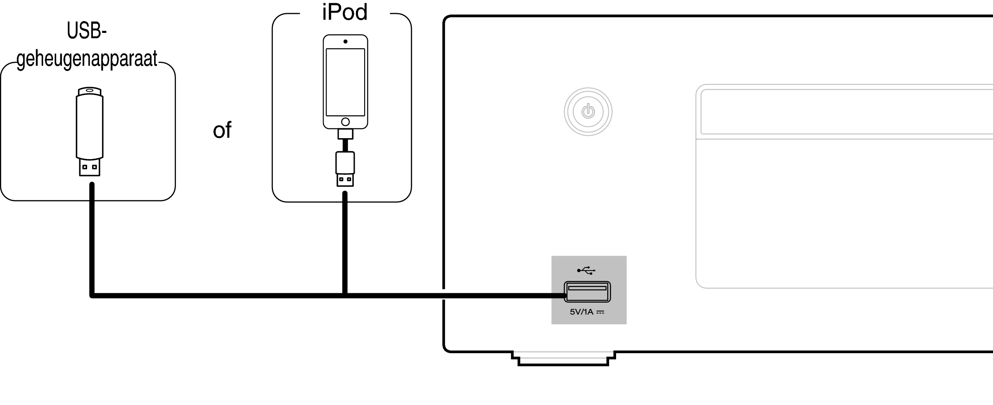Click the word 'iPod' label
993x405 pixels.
click(344, 12)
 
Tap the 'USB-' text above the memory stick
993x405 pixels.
click(87, 31)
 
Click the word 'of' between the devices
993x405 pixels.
click(222, 130)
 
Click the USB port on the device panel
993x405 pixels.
click(587, 292)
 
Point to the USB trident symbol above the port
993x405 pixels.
click(586, 270)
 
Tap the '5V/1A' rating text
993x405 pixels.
click(582, 312)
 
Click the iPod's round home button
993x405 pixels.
click(345, 122)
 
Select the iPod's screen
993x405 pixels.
click(345, 82)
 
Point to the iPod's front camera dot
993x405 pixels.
click(345, 42)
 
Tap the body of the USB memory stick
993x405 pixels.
click(90, 127)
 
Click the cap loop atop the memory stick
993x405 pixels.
click(90, 91)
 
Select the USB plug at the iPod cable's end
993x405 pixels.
click(345, 180)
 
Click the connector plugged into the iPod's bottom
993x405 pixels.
click(345, 134)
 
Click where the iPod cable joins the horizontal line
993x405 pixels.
click(345, 295)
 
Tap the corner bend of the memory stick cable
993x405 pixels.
click(92, 295)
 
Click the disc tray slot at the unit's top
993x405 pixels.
click(847, 111)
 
